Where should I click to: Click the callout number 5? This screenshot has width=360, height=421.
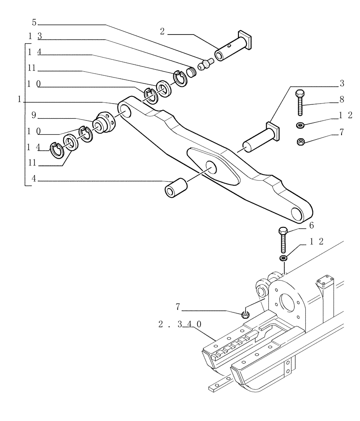pos(34,23)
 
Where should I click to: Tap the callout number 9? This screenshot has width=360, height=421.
pos(34,115)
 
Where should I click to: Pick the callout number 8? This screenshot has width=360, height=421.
pos(341,100)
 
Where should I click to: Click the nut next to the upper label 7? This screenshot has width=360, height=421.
pos(301,141)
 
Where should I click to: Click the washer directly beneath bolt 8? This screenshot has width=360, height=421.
pos(301,125)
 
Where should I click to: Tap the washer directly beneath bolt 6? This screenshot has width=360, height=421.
pos(283,258)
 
